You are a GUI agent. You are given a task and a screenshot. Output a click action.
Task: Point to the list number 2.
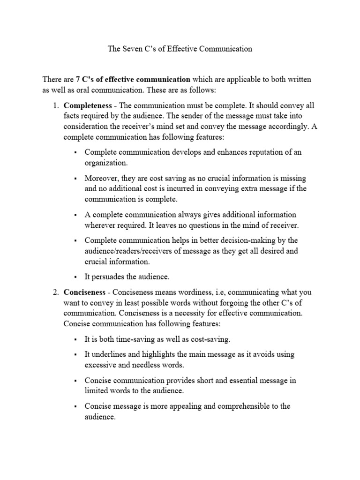[55, 292]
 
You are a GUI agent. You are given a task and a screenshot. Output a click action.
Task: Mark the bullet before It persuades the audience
[75, 277]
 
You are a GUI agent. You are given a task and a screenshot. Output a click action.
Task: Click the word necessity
[211, 313]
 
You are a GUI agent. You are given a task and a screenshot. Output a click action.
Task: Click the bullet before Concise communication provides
[75, 381]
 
